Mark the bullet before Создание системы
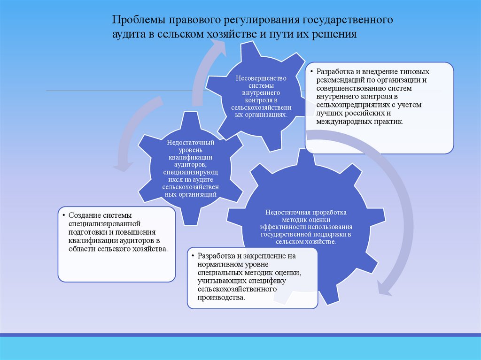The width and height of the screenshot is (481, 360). pos(64,215)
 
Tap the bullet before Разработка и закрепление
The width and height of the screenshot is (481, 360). pos(193,256)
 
